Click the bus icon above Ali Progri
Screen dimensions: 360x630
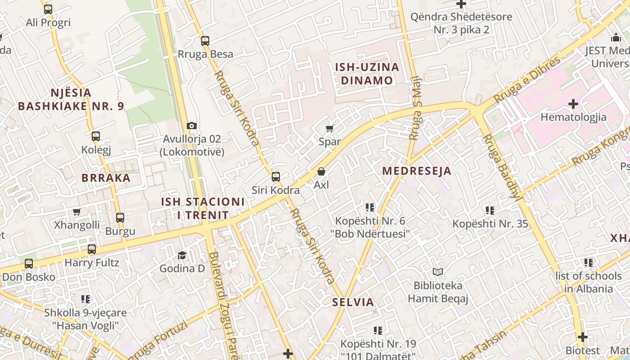tap(48, 9)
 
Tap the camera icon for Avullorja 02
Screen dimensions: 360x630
tap(192, 126)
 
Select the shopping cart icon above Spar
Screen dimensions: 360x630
tap(330, 129)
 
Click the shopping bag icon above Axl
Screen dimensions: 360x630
tap(321, 171)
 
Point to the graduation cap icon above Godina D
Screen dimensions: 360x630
tap(182, 255)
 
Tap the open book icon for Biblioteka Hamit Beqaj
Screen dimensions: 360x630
tap(438, 272)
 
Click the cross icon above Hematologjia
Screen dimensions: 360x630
tap(573, 104)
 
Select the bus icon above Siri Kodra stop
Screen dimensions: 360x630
tap(276, 177)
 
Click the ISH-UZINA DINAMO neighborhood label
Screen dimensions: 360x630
tap(367, 74)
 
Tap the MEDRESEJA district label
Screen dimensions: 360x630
tap(417, 171)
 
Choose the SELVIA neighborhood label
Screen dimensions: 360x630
tap(353, 302)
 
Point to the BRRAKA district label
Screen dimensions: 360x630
tap(106, 178)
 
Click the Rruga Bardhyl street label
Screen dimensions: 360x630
tap(502, 167)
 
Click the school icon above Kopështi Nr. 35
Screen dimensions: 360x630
tap(490, 210)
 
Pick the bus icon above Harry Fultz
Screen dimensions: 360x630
tap(92, 249)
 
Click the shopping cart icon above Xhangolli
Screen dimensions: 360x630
tap(77, 211)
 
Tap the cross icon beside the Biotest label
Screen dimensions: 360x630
tap(583, 337)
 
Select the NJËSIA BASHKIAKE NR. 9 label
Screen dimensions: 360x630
tap(71, 99)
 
